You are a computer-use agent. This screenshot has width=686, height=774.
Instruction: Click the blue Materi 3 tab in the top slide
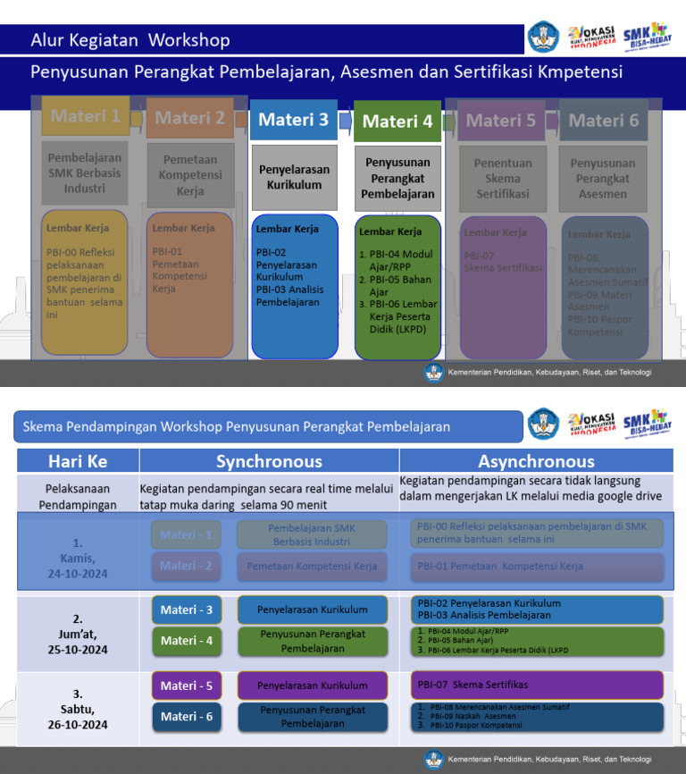tap(294, 120)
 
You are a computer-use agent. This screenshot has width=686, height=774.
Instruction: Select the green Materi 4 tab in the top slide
tap(397, 122)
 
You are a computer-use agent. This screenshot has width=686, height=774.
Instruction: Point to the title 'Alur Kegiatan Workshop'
tap(130, 40)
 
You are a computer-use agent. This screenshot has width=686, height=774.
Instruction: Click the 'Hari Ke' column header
tap(78, 461)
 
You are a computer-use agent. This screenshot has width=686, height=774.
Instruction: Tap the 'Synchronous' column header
tap(269, 461)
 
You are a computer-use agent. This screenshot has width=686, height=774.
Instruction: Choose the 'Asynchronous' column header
tap(536, 461)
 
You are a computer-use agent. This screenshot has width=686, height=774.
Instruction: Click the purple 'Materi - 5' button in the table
tap(187, 686)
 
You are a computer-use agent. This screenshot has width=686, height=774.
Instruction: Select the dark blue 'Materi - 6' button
tap(187, 716)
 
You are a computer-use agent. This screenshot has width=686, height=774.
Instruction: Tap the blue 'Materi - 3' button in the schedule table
tap(187, 610)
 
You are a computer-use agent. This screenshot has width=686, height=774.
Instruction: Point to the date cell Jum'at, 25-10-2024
tap(78, 634)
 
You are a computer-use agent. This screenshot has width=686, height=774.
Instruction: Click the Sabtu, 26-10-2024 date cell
tap(78, 709)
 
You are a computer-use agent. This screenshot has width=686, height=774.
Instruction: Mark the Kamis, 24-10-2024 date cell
tap(78, 558)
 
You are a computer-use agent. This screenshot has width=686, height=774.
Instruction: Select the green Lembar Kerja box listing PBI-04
tap(397, 286)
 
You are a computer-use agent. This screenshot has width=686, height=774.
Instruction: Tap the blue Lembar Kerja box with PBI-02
tap(295, 286)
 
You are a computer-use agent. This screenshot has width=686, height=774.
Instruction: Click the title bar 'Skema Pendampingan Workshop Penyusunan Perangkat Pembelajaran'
tap(268, 427)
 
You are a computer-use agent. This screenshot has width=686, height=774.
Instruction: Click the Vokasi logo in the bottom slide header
tap(591, 424)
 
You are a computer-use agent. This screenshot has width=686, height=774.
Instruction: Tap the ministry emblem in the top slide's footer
tap(434, 372)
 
